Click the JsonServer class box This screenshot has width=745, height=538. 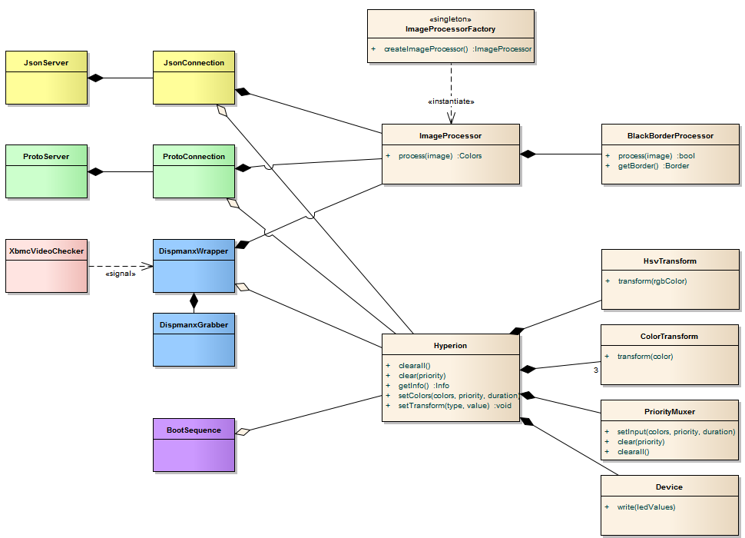coord(46,78)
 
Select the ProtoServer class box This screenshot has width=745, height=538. coord(46,171)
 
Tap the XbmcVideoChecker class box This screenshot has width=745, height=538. coord(46,265)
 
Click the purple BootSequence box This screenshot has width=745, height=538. coord(194,445)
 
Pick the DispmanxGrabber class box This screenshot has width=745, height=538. coord(194,339)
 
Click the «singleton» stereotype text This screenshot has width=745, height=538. coord(450,18)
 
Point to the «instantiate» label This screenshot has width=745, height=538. coord(451,101)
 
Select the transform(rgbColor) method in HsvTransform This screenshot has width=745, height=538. coord(652,281)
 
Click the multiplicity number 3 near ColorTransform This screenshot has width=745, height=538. coord(595,371)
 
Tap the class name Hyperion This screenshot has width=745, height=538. coord(450,346)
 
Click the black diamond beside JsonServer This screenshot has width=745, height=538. coord(96,78)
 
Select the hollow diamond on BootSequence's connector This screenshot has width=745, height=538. coord(243,432)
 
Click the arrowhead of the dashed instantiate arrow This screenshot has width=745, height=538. coord(451,118)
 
